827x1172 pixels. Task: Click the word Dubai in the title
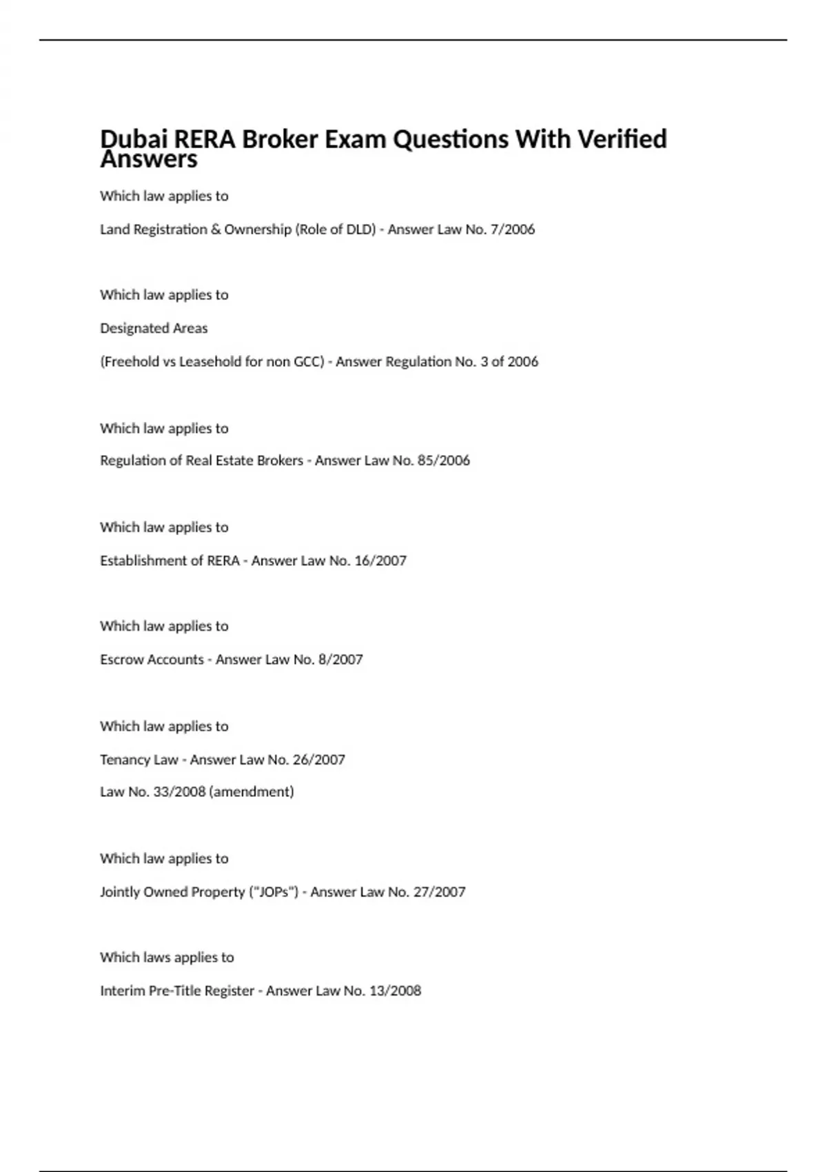[x=134, y=139]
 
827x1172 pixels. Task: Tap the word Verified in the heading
[x=622, y=139]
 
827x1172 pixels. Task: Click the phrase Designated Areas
[x=154, y=328]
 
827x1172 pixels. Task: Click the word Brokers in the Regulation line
[x=280, y=461]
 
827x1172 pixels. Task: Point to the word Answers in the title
[x=149, y=160]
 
